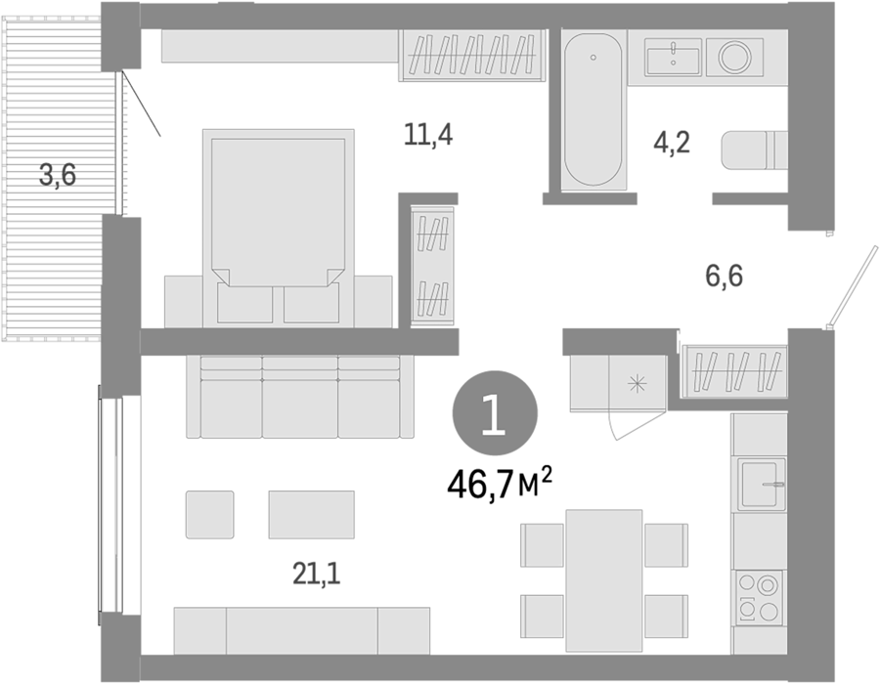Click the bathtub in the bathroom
593,109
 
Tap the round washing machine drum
734,57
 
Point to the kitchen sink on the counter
761,483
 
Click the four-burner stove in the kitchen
760,598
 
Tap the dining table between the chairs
604,580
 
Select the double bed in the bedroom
278,229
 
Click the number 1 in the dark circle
495,413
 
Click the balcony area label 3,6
58,176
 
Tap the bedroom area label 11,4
428,136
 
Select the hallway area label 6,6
724,276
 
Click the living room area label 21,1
317,574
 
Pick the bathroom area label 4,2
671,143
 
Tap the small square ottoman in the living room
210,515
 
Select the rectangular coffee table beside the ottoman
312,515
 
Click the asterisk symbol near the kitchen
637,384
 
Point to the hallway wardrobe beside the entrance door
734,370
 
